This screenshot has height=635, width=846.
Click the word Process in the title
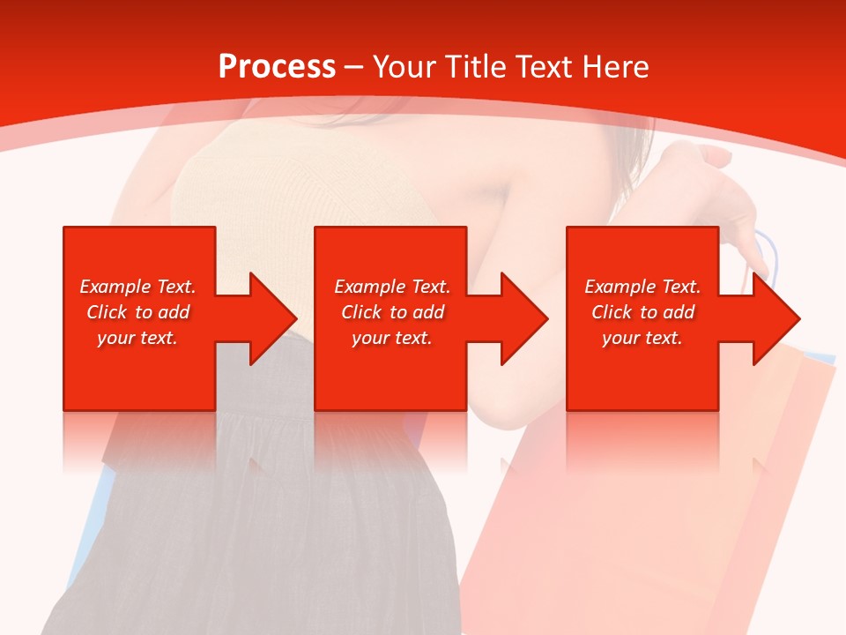point(277,67)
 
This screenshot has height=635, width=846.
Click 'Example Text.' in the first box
point(137,287)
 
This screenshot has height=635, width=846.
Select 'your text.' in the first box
point(137,338)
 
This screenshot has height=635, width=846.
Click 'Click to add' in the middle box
point(392,312)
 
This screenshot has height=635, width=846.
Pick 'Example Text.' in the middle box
point(392,287)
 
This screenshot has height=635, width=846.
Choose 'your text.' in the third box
point(642,338)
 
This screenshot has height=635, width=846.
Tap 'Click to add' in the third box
point(642,312)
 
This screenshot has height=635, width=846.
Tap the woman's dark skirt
point(264,547)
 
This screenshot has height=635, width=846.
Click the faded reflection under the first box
point(139,441)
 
